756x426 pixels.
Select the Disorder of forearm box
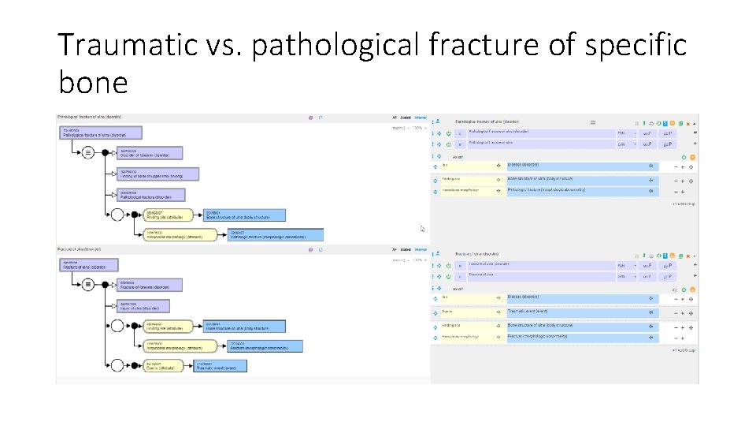click(150, 153)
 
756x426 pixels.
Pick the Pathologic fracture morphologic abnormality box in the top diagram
click(275, 234)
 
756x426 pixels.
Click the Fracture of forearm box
click(150, 286)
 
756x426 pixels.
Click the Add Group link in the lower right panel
click(684, 349)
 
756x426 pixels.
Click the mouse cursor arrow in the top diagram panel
click(422, 229)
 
